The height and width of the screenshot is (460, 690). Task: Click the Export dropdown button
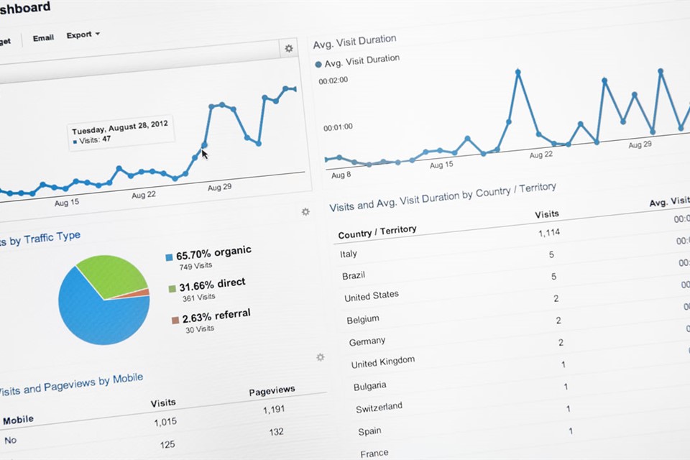tap(83, 34)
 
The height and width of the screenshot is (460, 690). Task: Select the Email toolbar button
tap(43, 37)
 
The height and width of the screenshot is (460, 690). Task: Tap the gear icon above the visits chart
tap(289, 48)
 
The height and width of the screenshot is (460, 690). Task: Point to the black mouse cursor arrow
tap(205, 152)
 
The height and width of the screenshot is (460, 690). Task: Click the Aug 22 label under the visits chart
tap(144, 194)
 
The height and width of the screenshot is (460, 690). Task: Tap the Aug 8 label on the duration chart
tap(341, 175)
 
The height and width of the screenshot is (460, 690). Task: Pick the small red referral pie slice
tap(141, 293)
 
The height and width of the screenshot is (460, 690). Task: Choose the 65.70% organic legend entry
tap(208, 252)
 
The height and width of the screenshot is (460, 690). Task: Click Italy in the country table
tap(348, 254)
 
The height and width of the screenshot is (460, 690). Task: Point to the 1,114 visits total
tap(548, 233)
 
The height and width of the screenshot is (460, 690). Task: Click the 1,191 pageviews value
tap(274, 410)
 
